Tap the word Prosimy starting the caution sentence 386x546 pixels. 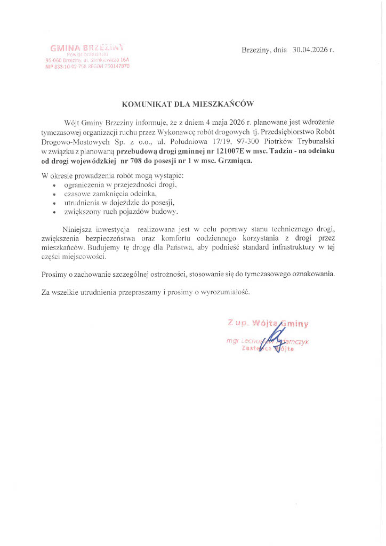tap(53, 274)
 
